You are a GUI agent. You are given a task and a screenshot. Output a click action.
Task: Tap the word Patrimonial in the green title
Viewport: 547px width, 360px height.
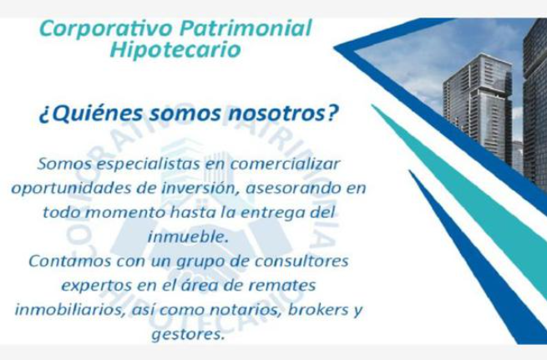click(246, 28)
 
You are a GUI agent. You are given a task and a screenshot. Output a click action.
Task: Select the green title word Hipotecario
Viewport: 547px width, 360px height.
click(175, 50)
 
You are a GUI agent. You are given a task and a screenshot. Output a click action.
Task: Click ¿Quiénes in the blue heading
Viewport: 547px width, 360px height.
click(91, 114)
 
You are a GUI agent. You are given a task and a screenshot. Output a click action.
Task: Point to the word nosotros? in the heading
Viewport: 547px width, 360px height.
click(283, 114)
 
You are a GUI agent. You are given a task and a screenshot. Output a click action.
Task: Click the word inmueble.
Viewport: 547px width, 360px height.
click(188, 237)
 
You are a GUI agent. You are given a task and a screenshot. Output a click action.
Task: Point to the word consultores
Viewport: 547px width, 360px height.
click(301, 261)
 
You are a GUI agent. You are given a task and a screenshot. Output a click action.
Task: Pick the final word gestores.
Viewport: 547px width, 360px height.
click(187, 335)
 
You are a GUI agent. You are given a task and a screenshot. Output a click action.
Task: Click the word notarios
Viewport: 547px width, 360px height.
click(246, 310)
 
